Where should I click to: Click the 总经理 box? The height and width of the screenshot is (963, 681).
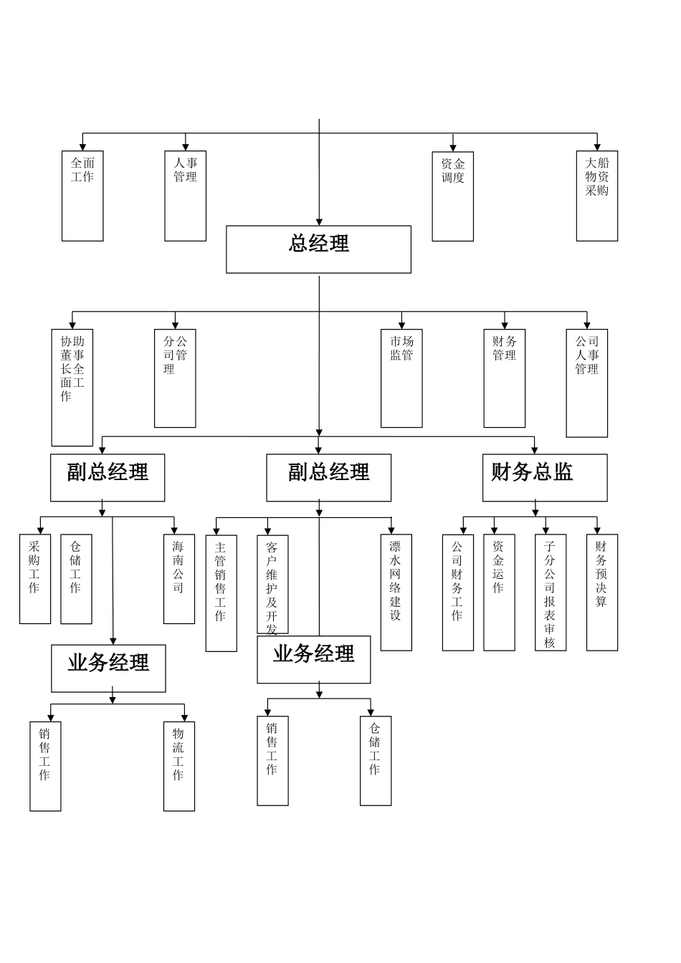pyautogui.click(x=318, y=249)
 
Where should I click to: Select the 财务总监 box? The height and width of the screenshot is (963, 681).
pyautogui.click(x=544, y=477)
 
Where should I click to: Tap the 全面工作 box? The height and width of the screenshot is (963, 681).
pyautogui.click(x=82, y=196)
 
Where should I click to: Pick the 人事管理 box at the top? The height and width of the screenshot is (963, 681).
pyautogui.click(x=185, y=196)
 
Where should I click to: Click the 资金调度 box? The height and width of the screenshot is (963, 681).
pyautogui.click(x=452, y=196)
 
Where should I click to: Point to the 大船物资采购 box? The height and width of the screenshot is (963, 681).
pyautogui.click(x=596, y=196)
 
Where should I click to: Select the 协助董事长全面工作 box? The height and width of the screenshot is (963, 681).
pyautogui.click(x=72, y=387)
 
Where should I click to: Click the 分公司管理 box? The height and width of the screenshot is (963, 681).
pyautogui.click(x=175, y=378)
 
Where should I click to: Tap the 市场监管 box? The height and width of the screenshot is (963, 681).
pyautogui.click(x=401, y=378)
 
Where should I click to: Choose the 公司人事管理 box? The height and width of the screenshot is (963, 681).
pyautogui.click(x=586, y=383)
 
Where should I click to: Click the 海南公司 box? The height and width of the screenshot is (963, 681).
pyautogui.click(x=178, y=579)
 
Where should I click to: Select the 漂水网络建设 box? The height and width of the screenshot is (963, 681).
pyautogui.click(x=396, y=593)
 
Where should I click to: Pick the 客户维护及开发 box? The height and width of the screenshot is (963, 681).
pyautogui.click(x=272, y=584)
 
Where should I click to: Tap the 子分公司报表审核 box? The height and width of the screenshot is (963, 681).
pyautogui.click(x=550, y=593)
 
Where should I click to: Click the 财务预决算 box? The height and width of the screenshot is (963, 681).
pyautogui.click(x=601, y=593)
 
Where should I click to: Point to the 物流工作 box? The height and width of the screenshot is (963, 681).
pyautogui.click(x=178, y=766)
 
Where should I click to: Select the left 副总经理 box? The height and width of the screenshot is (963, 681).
pyautogui.click(x=108, y=477)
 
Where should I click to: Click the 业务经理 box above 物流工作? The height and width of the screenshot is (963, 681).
pyautogui.click(x=108, y=668)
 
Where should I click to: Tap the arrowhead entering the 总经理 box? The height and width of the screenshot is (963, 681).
pyautogui.click(x=319, y=222)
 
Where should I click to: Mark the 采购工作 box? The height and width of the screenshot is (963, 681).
pyautogui.click(x=34, y=579)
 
